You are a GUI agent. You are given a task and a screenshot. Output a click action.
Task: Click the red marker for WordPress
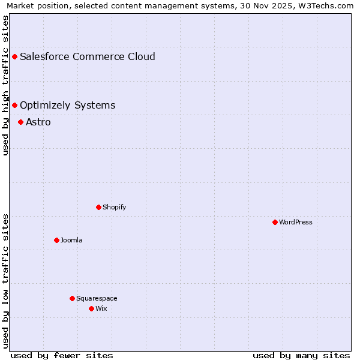coord(275,222)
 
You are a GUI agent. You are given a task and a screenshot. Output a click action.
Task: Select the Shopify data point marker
coord(98,207)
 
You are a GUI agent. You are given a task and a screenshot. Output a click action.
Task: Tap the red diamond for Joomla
coord(56,240)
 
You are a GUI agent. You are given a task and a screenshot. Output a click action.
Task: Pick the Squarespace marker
coord(72,298)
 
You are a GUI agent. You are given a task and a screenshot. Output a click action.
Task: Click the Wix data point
coord(91,308)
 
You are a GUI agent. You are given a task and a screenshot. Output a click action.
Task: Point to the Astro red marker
coord(20,122)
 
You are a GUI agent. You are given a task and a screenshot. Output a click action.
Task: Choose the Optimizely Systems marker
coord(14,105)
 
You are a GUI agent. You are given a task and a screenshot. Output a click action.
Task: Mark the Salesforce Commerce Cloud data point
coord(14,56)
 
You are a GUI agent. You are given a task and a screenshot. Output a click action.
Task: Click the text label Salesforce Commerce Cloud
coord(87,56)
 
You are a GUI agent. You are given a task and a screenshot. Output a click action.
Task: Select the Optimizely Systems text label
coord(67,105)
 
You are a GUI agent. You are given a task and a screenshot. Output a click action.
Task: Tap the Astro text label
coord(38,122)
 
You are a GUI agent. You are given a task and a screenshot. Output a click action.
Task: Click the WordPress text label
coord(296,222)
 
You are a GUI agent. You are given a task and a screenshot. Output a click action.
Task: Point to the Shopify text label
coord(114,207)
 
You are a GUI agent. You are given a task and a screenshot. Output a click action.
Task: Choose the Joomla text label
coord(71,240)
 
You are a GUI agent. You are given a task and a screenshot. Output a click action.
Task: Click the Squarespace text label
coord(97,298)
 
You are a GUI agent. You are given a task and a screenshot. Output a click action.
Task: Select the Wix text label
coord(101,308)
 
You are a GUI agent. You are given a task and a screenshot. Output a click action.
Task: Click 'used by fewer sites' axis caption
coord(62,355)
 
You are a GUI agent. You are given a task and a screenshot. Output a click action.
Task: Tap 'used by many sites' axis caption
coord(301,355)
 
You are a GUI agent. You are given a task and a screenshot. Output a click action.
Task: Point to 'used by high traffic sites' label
coord(6,86)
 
